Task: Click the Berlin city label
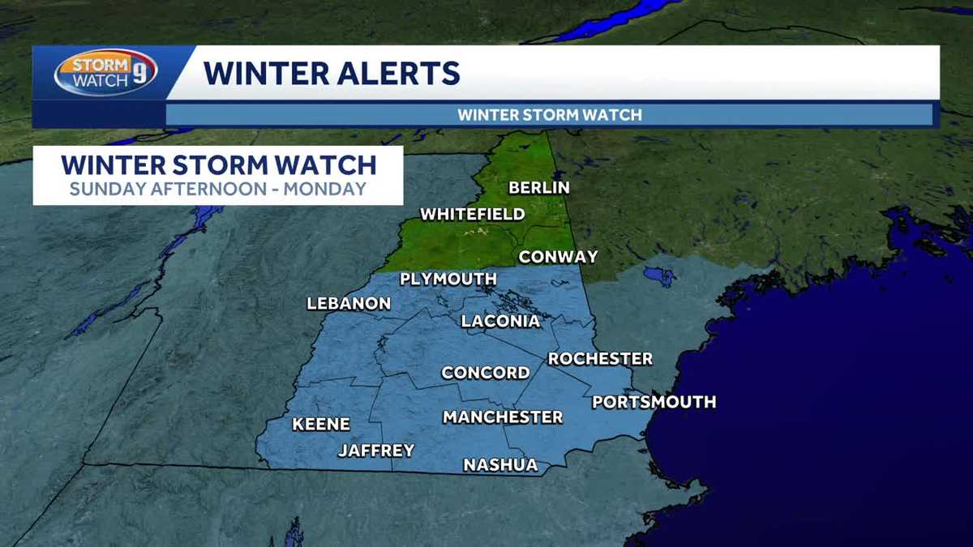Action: (539, 188)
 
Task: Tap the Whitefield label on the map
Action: (472, 215)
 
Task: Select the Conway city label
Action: (558, 257)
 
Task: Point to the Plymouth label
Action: (448, 280)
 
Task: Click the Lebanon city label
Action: (349, 304)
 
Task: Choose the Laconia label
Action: (500, 322)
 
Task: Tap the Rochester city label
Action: (600, 359)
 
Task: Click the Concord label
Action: (485, 374)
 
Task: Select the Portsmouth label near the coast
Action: (654, 402)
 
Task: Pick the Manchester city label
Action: (502, 417)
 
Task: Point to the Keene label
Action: (321, 425)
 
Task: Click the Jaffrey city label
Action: (376, 451)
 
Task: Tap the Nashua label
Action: (500, 465)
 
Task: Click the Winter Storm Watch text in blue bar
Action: (549, 115)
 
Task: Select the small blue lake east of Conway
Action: (658, 276)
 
